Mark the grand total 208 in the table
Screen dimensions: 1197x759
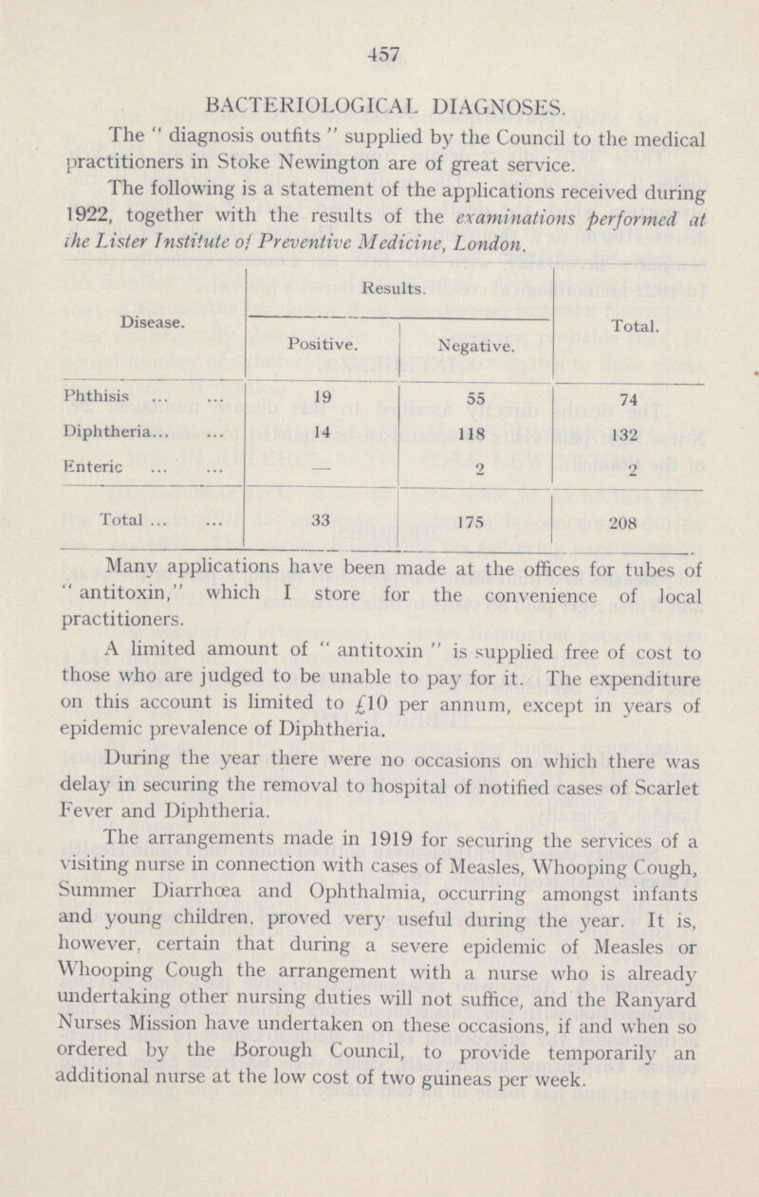[x=625, y=520]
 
